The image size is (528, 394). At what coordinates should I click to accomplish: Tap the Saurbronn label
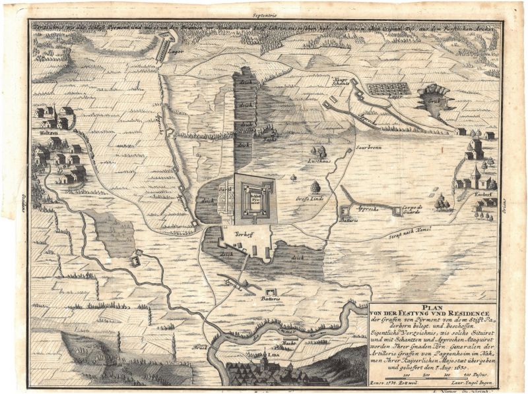[x=367, y=148]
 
